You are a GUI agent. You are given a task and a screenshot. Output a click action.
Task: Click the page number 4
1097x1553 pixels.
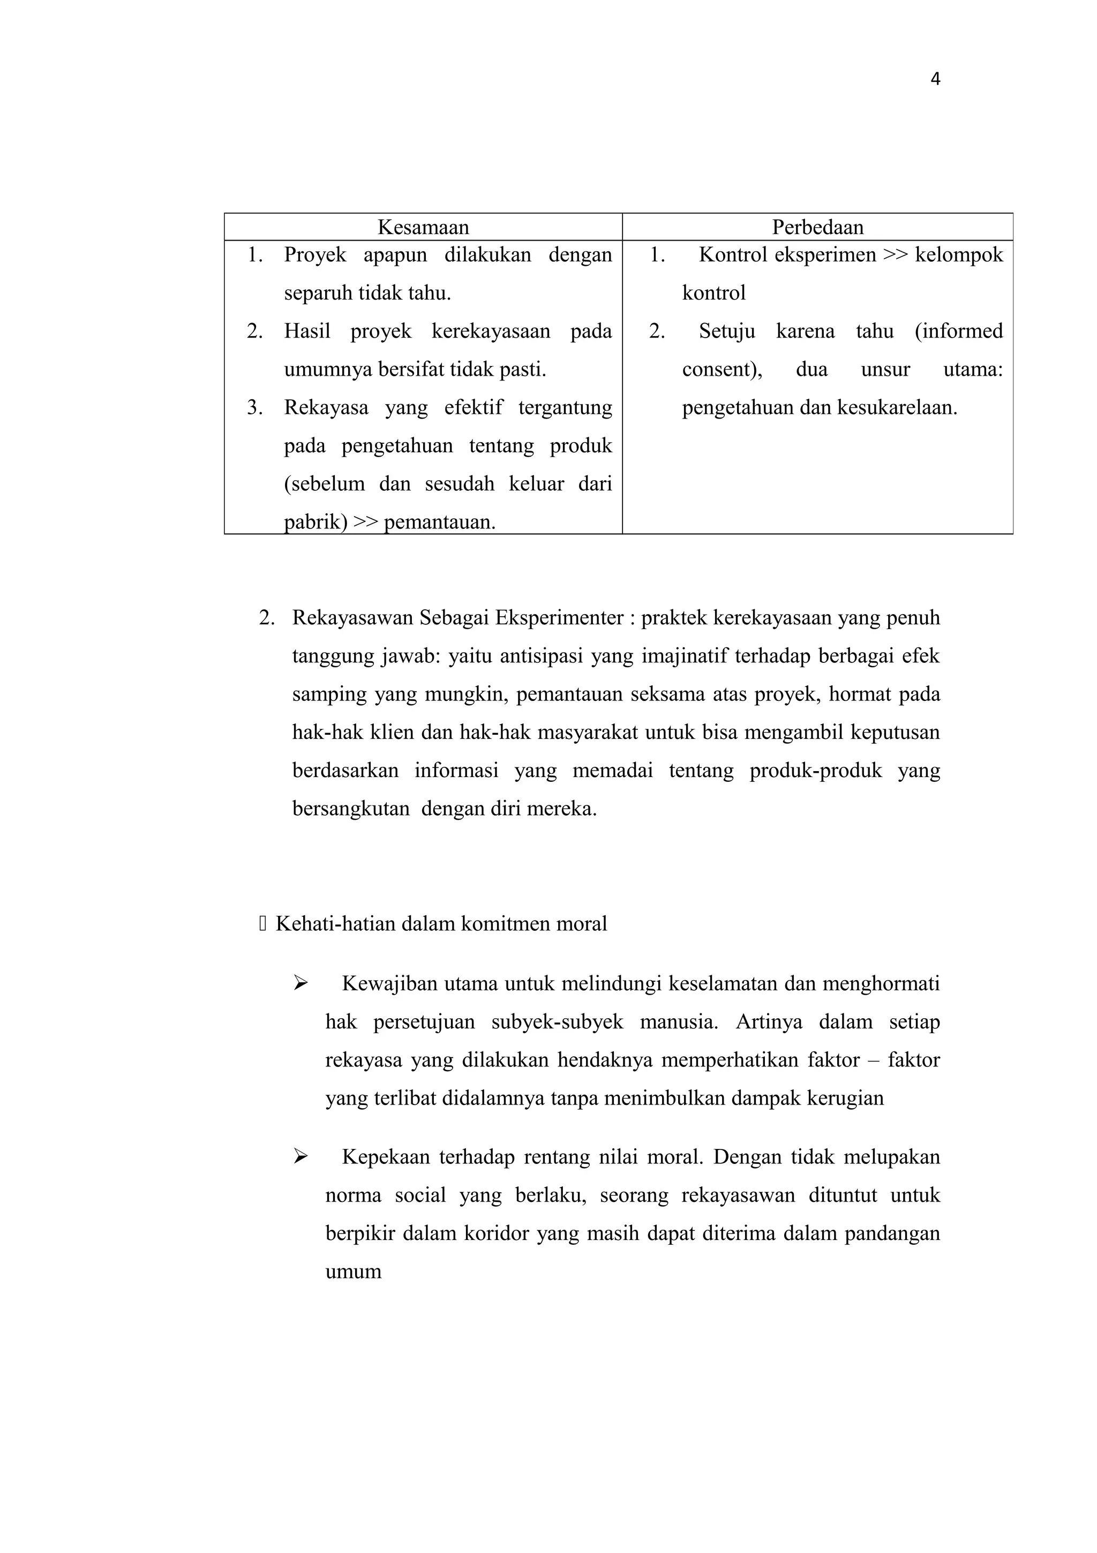point(935,80)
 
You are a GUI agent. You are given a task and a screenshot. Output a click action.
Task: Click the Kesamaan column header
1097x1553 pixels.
point(423,227)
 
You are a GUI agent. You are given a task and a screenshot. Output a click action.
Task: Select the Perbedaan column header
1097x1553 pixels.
point(817,227)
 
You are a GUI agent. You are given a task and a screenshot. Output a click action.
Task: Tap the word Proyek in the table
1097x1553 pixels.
point(315,255)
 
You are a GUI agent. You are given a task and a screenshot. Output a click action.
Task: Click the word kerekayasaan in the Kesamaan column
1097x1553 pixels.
point(491,331)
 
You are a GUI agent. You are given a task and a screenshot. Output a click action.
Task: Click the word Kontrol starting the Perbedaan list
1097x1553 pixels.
point(733,255)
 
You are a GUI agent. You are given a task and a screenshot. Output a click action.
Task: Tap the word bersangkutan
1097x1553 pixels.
point(351,809)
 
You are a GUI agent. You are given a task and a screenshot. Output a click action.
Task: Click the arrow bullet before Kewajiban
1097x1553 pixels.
point(301,983)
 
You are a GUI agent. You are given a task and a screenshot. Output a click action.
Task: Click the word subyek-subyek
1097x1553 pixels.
point(557,1022)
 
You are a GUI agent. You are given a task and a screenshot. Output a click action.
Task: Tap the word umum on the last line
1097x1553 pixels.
point(354,1272)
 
